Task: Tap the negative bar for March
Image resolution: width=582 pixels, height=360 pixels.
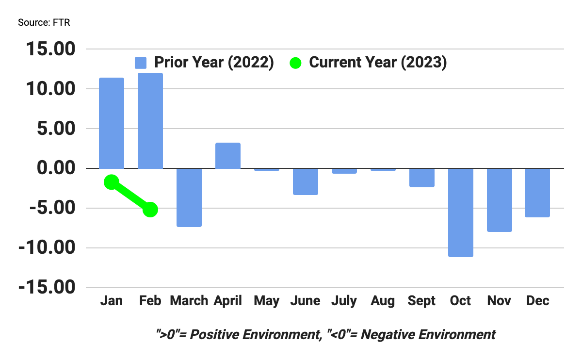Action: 189,197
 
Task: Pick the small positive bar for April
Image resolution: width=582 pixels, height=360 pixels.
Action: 228,156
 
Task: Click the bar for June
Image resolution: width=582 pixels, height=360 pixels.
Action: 306,181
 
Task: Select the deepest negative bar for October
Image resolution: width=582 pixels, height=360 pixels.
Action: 461,213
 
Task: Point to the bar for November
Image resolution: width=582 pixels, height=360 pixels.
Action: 500,200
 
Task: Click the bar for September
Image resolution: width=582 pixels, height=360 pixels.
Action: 422,178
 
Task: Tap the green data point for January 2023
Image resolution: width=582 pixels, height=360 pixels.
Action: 112,182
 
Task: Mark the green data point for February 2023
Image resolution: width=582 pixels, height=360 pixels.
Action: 150,209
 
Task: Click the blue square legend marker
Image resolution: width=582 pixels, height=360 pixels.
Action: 141,63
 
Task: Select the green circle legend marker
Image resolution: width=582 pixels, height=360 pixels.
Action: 295,63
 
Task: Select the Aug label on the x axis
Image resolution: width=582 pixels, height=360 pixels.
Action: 383,301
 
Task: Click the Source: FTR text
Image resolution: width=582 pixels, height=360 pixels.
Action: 44,23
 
